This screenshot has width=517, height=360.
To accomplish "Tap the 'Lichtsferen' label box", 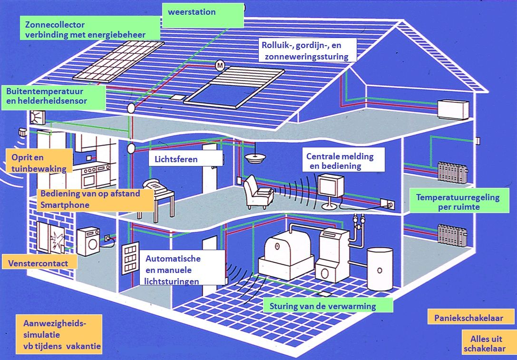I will coord(185,159).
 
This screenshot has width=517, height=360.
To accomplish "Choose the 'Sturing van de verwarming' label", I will coord(328,306).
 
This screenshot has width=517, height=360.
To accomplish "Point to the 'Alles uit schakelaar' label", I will coord(488,343).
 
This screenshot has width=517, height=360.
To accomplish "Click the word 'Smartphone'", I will coord(65,205).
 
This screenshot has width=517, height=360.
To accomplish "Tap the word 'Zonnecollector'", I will coord(55,24).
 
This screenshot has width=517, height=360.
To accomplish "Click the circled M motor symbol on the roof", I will coord(220,66).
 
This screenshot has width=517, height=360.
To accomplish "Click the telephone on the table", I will coord(154,186).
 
